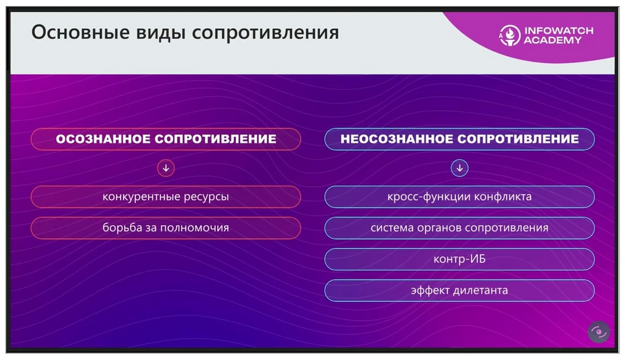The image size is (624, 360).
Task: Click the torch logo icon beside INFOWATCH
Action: click(509, 36)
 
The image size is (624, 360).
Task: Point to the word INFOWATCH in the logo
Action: click(558, 31)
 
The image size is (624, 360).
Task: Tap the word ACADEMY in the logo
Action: click(553, 40)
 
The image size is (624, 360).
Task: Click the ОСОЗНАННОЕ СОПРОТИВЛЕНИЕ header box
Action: click(166, 139)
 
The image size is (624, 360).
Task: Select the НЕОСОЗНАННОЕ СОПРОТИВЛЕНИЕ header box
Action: click(460, 139)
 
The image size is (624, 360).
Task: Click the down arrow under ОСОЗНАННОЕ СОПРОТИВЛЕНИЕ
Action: click(166, 168)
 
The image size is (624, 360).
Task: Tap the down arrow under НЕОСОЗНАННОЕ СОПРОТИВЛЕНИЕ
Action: click(460, 168)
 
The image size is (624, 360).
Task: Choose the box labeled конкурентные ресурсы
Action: click(166, 197)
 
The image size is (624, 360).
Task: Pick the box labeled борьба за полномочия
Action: click(166, 228)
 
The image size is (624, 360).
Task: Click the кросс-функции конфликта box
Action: click(460, 197)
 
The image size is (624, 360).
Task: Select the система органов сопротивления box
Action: click(460, 228)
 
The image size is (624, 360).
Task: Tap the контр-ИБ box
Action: click(460, 260)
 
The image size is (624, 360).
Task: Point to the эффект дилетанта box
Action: click(460, 290)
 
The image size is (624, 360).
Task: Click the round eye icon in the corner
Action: click(599, 332)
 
